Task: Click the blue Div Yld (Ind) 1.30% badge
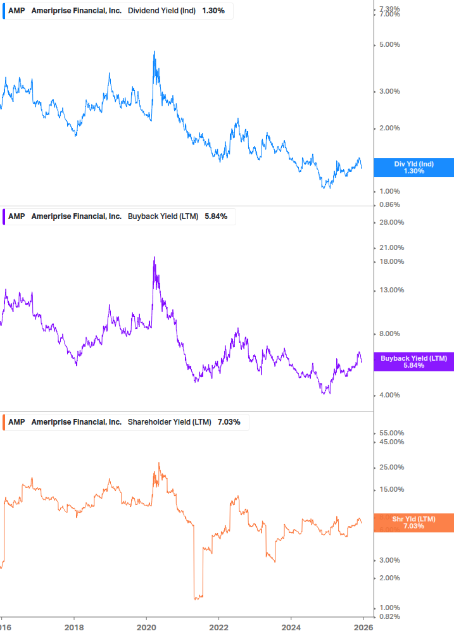413,168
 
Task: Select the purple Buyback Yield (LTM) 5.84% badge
413,362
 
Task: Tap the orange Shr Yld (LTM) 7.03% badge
413,523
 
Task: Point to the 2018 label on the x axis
74,628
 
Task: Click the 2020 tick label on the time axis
146,628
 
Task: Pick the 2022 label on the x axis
218,628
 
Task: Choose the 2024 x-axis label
291,628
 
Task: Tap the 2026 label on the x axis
363,628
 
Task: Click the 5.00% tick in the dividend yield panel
389,45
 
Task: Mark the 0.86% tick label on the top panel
389,205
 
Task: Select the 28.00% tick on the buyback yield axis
391,222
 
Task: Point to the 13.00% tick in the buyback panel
391,290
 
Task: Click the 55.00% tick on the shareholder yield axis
391,433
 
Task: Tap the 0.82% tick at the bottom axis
389,616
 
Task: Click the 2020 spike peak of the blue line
154,52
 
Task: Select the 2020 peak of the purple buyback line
154,258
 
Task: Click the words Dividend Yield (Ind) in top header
162,11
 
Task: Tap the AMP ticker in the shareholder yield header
16,422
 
